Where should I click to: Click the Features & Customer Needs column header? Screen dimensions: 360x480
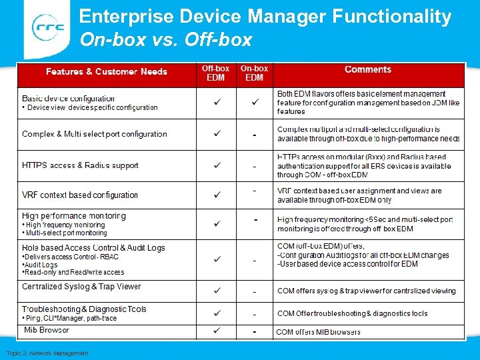tap(107, 72)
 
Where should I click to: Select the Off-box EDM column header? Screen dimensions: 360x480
tap(215, 73)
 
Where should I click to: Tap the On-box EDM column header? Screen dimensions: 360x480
tap(254, 73)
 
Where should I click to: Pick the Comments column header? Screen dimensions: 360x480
tap(368, 69)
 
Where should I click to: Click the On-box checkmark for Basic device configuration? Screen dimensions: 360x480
tap(254, 103)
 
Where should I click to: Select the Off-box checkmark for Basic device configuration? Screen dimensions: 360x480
tap(216, 103)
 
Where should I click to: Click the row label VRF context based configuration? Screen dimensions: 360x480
tap(80, 195)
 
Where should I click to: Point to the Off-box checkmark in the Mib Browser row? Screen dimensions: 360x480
tap(216, 331)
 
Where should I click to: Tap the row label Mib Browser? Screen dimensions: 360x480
tap(46, 330)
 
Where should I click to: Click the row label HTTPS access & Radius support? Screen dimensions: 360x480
tap(80, 165)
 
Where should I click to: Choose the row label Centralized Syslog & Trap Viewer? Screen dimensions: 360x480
tap(81, 287)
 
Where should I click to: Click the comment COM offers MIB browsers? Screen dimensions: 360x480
tap(318, 332)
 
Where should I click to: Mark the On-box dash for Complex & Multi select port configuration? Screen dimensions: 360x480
tap(254, 135)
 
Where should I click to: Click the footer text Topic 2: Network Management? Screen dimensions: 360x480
tap(47, 353)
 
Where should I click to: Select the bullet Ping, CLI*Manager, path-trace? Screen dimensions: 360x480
tap(70, 319)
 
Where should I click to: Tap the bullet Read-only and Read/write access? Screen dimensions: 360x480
tap(73, 272)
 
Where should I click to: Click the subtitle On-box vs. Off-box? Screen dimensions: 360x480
tap(165, 40)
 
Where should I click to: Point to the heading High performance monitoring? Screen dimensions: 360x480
tap(73, 216)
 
